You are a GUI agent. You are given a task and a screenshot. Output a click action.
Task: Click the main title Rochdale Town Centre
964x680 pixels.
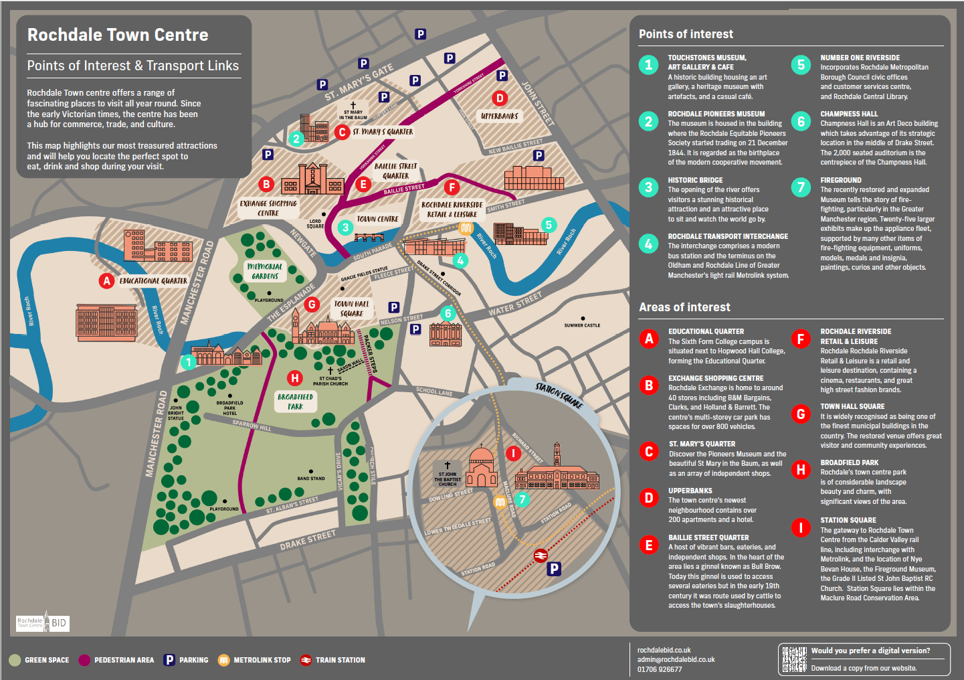click(x=118, y=35)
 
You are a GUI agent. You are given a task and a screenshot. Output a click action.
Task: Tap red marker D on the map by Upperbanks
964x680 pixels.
click(x=500, y=98)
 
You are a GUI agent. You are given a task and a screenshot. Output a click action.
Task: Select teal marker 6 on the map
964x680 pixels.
click(x=448, y=313)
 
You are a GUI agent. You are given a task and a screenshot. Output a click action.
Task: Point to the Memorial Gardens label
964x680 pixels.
click(x=265, y=271)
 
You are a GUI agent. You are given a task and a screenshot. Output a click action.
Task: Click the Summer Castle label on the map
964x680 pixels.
click(x=582, y=325)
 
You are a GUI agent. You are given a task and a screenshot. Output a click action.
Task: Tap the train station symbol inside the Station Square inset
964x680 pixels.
click(x=541, y=556)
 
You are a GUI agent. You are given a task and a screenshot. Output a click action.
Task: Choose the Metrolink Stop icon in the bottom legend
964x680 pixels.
click(x=223, y=660)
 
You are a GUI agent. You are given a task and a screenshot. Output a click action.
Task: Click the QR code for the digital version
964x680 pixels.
click(x=794, y=659)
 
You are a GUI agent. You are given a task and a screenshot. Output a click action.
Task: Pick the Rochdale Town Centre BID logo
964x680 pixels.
click(x=43, y=622)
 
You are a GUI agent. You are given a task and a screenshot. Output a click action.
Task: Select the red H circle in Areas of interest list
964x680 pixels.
click(x=801, y=470)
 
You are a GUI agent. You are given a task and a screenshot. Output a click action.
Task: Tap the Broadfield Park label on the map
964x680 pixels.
click(x=295, y=402)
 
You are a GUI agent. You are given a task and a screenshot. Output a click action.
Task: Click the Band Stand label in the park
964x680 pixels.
click(x=311, y=478)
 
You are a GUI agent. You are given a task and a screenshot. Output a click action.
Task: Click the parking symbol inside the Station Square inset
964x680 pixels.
click(x=554, y=569)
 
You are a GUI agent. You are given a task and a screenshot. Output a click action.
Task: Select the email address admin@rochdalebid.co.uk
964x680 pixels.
click(x=676, y=659)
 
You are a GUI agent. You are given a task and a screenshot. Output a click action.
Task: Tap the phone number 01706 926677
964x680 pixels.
click(x=660, y=669)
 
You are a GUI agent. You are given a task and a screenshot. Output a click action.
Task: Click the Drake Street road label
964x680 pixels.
click(x=308, y=540)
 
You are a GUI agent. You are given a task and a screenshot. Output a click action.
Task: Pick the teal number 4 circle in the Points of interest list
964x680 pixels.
click(x=648, y=244)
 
